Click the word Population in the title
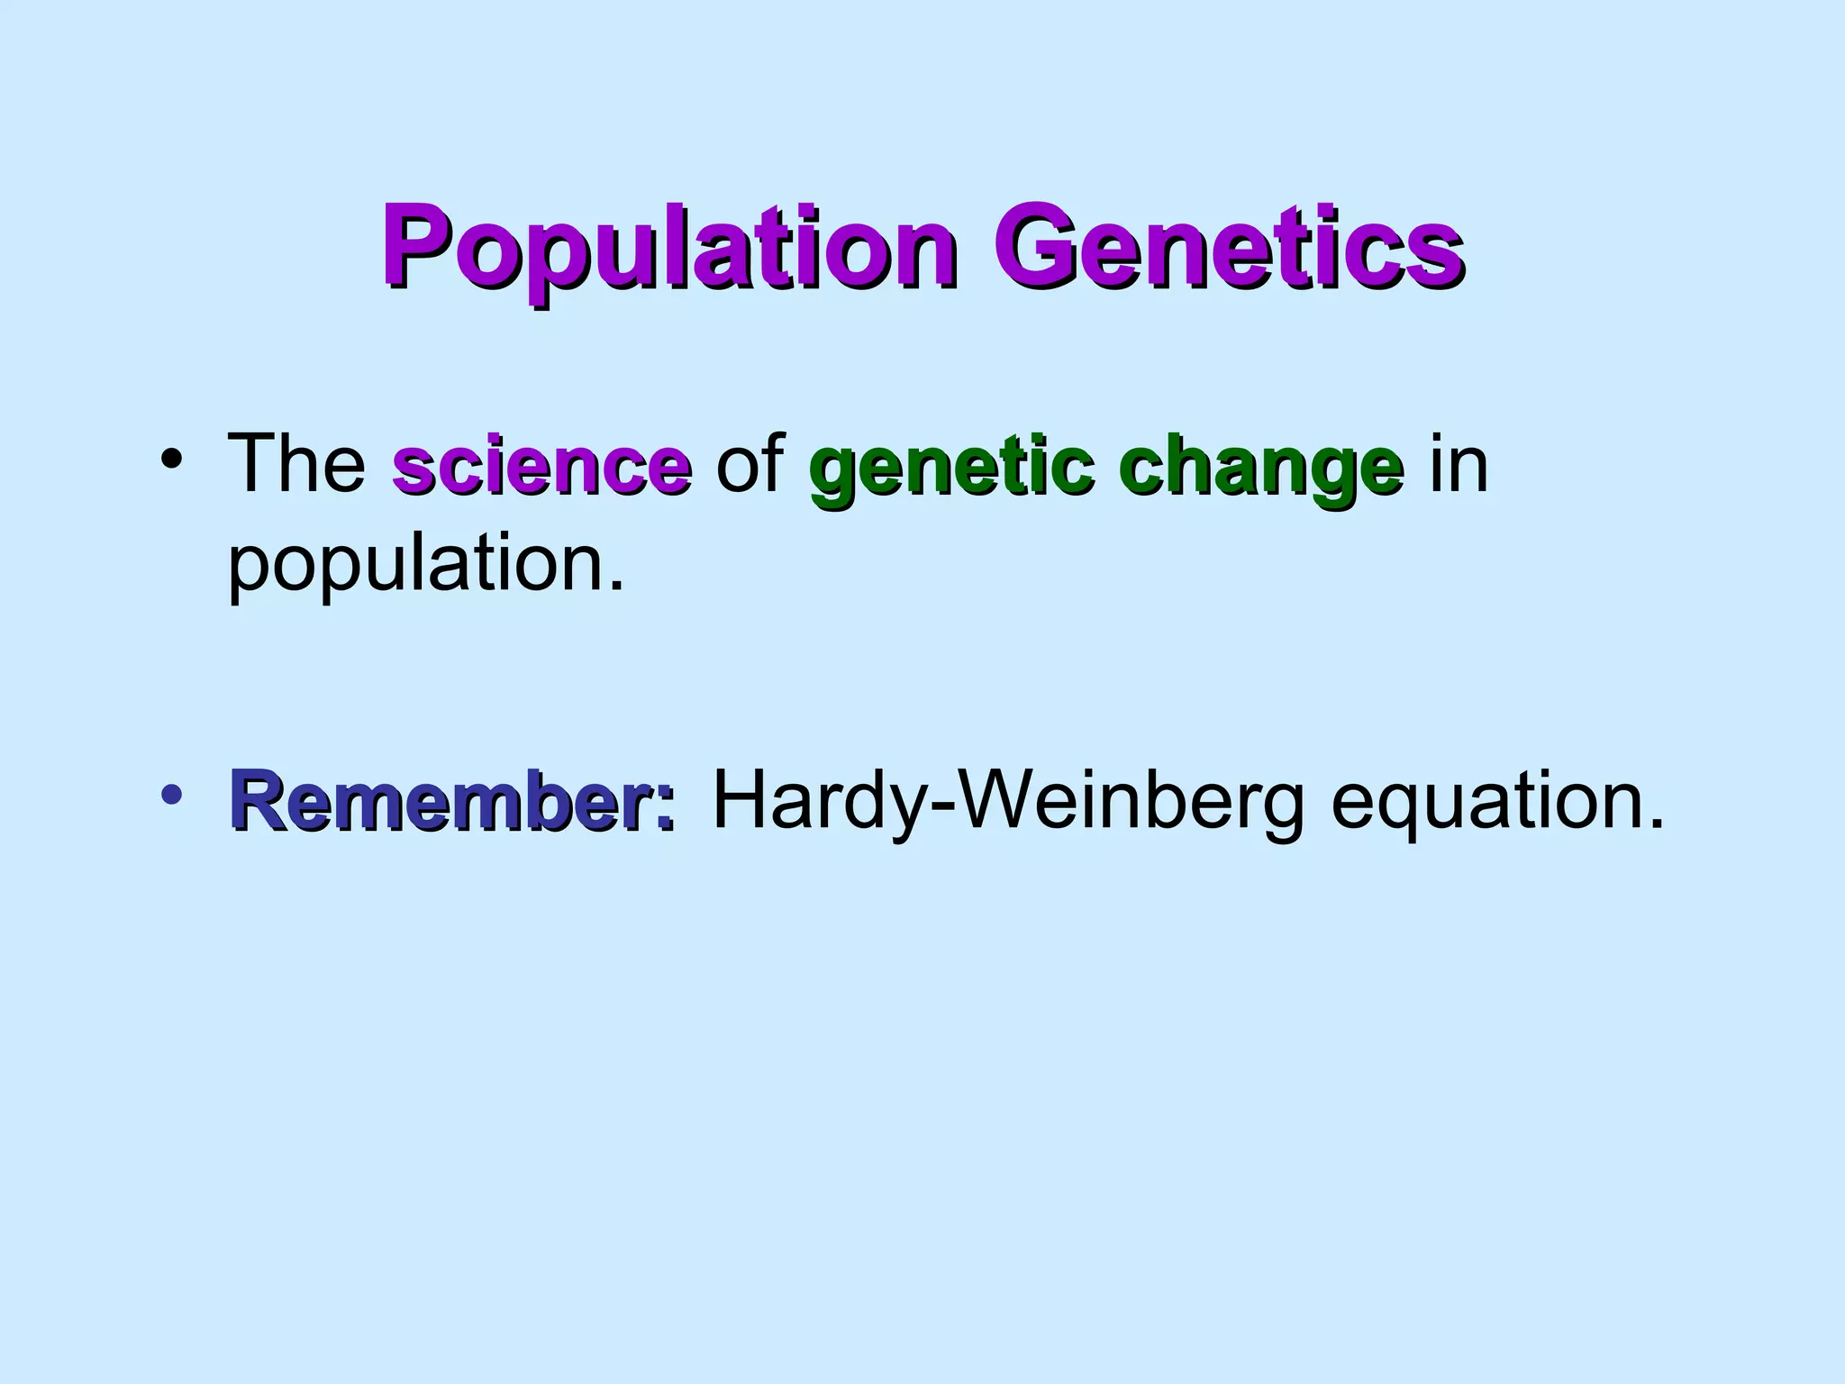667,248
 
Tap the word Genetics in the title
1228,248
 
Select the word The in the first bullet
296,464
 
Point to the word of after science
750,464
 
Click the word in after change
1459,464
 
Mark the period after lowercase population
617,586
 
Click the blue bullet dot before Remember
170,794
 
